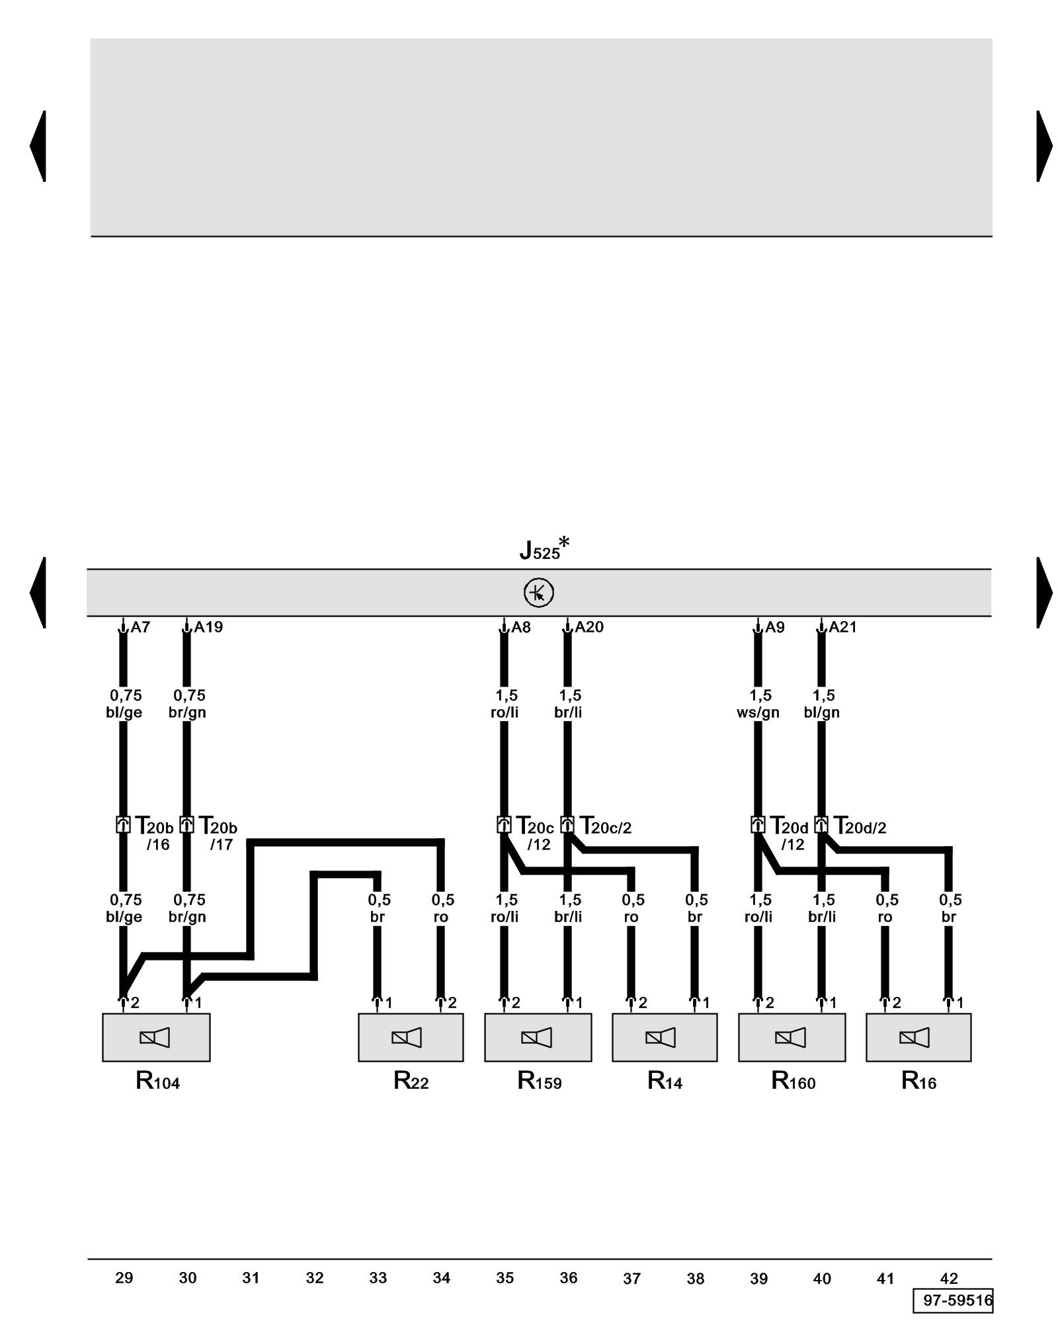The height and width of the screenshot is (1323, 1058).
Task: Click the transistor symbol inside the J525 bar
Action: tap(538, 593)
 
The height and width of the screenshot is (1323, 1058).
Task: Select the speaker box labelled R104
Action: tap(156, 1037)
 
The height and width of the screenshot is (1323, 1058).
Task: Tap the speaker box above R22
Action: tap(410, 1037)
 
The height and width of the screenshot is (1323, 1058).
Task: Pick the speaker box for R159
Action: tap(538, 1037)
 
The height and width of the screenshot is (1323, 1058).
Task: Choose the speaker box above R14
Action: tap(664, 1037)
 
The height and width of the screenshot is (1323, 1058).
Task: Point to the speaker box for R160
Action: tap(792, 1037)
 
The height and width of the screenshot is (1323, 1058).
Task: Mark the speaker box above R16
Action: tap(918, 1037)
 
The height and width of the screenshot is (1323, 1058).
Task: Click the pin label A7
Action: tap(140, 627)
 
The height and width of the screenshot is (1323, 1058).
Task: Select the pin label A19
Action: tap(208, 627)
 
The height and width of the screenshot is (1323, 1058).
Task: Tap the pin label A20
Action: tap(589, 627)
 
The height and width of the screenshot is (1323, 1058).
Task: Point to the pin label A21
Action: tap(842, 627)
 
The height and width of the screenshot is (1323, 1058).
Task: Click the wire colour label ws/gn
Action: tap(758, 712)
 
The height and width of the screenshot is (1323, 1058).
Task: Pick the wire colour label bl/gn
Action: tap(822, 712)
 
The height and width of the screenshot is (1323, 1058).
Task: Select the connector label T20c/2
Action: tap(606, 826)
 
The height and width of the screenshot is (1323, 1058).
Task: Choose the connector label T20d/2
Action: tap(860, 826)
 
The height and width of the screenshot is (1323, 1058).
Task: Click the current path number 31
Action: tap(251, 1278)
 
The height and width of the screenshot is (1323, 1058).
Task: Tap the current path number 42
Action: tap(949, 1278)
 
